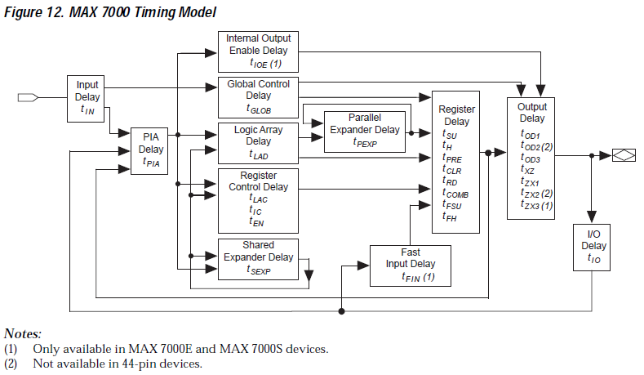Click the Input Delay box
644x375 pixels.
(x=87, y=97)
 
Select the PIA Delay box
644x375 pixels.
(x=151, y=150)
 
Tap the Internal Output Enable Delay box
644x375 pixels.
(x=258, y=51)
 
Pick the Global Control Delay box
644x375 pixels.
(x=258, y=96)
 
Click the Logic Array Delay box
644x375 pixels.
(x=258, y=141)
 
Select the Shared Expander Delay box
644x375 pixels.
(x=258, y=257)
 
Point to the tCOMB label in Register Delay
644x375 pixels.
(x=455, y=194)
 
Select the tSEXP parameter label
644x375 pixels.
(x=259, y=270)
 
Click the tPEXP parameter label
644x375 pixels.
(x=365, y=142)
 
